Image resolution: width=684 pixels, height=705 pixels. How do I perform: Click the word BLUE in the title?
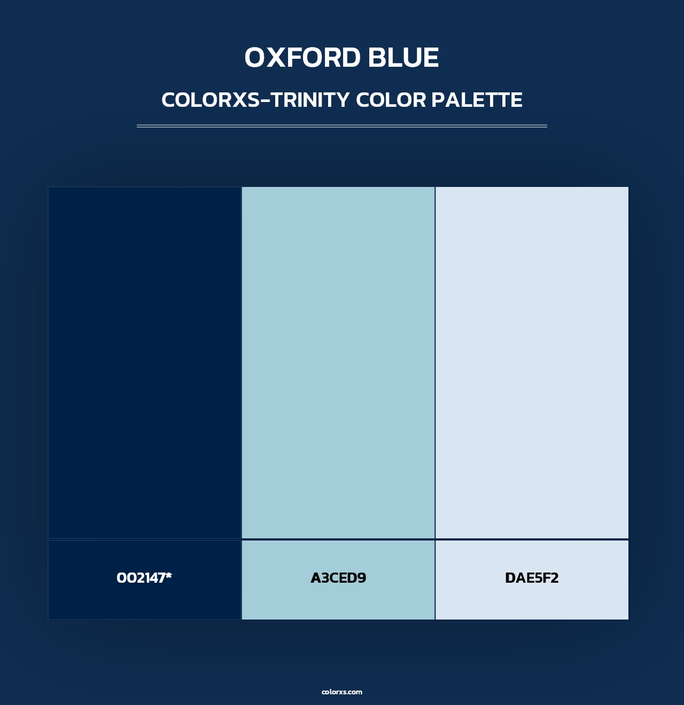(403, 58)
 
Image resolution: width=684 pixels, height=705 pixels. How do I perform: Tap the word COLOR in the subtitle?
(391, 100)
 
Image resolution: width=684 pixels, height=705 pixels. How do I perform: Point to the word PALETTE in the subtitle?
(477, 100)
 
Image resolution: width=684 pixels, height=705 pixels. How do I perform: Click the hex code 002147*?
(144, 578)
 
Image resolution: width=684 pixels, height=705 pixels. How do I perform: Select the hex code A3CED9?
(338, 578)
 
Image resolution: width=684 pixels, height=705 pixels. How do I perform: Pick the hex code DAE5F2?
(532, 578)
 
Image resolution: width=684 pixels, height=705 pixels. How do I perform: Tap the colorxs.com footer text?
(342, 692)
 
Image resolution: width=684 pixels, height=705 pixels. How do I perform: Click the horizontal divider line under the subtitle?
(342, 126)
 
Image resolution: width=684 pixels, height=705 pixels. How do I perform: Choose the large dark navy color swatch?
(145, 363)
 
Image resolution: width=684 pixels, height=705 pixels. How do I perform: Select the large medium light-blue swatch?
(338, 363)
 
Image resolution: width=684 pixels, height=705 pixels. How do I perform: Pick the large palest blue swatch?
(532, 363)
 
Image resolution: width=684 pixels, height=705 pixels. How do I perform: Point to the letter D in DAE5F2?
(511, 578)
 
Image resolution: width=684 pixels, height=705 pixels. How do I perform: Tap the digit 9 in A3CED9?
(361, 578)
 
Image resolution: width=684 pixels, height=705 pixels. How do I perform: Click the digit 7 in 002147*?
(160, 578)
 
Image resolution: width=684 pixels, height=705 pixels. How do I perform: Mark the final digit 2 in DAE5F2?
(554, 578)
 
